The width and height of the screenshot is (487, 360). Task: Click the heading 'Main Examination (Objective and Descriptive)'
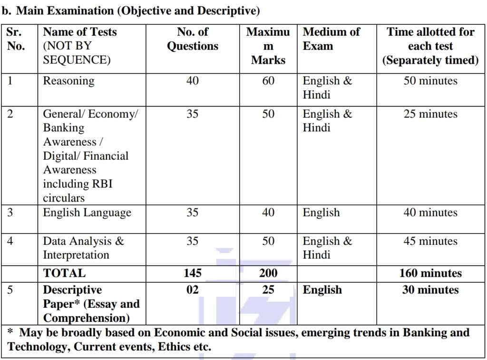[138, 10]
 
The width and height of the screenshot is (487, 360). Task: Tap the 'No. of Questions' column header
[192, 39]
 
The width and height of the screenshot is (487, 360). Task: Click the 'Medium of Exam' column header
[331, 39]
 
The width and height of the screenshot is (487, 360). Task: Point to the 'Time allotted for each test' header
[430, 46]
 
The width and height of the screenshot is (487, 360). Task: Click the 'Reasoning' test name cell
[68, 81]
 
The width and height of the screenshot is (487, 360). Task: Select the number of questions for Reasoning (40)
[192, 81]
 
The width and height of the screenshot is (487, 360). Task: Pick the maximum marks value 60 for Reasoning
[268, 81]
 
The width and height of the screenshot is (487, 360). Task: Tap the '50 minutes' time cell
[430, 81]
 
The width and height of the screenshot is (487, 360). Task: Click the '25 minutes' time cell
[430, 114]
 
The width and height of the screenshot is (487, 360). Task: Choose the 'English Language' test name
[87, 213]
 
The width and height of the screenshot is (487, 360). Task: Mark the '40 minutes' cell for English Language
[430, 213]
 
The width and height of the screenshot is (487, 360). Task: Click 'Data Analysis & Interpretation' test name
[83, 248]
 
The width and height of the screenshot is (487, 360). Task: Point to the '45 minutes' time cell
[430, 241]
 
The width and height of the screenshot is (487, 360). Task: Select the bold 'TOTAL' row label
[65, 273]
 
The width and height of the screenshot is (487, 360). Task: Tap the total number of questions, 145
[192, 273]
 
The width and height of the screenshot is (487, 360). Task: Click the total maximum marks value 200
[268, 273]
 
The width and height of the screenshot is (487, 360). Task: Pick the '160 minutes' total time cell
[430, 273]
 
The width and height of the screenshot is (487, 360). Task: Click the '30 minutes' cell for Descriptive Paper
[430, 290]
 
